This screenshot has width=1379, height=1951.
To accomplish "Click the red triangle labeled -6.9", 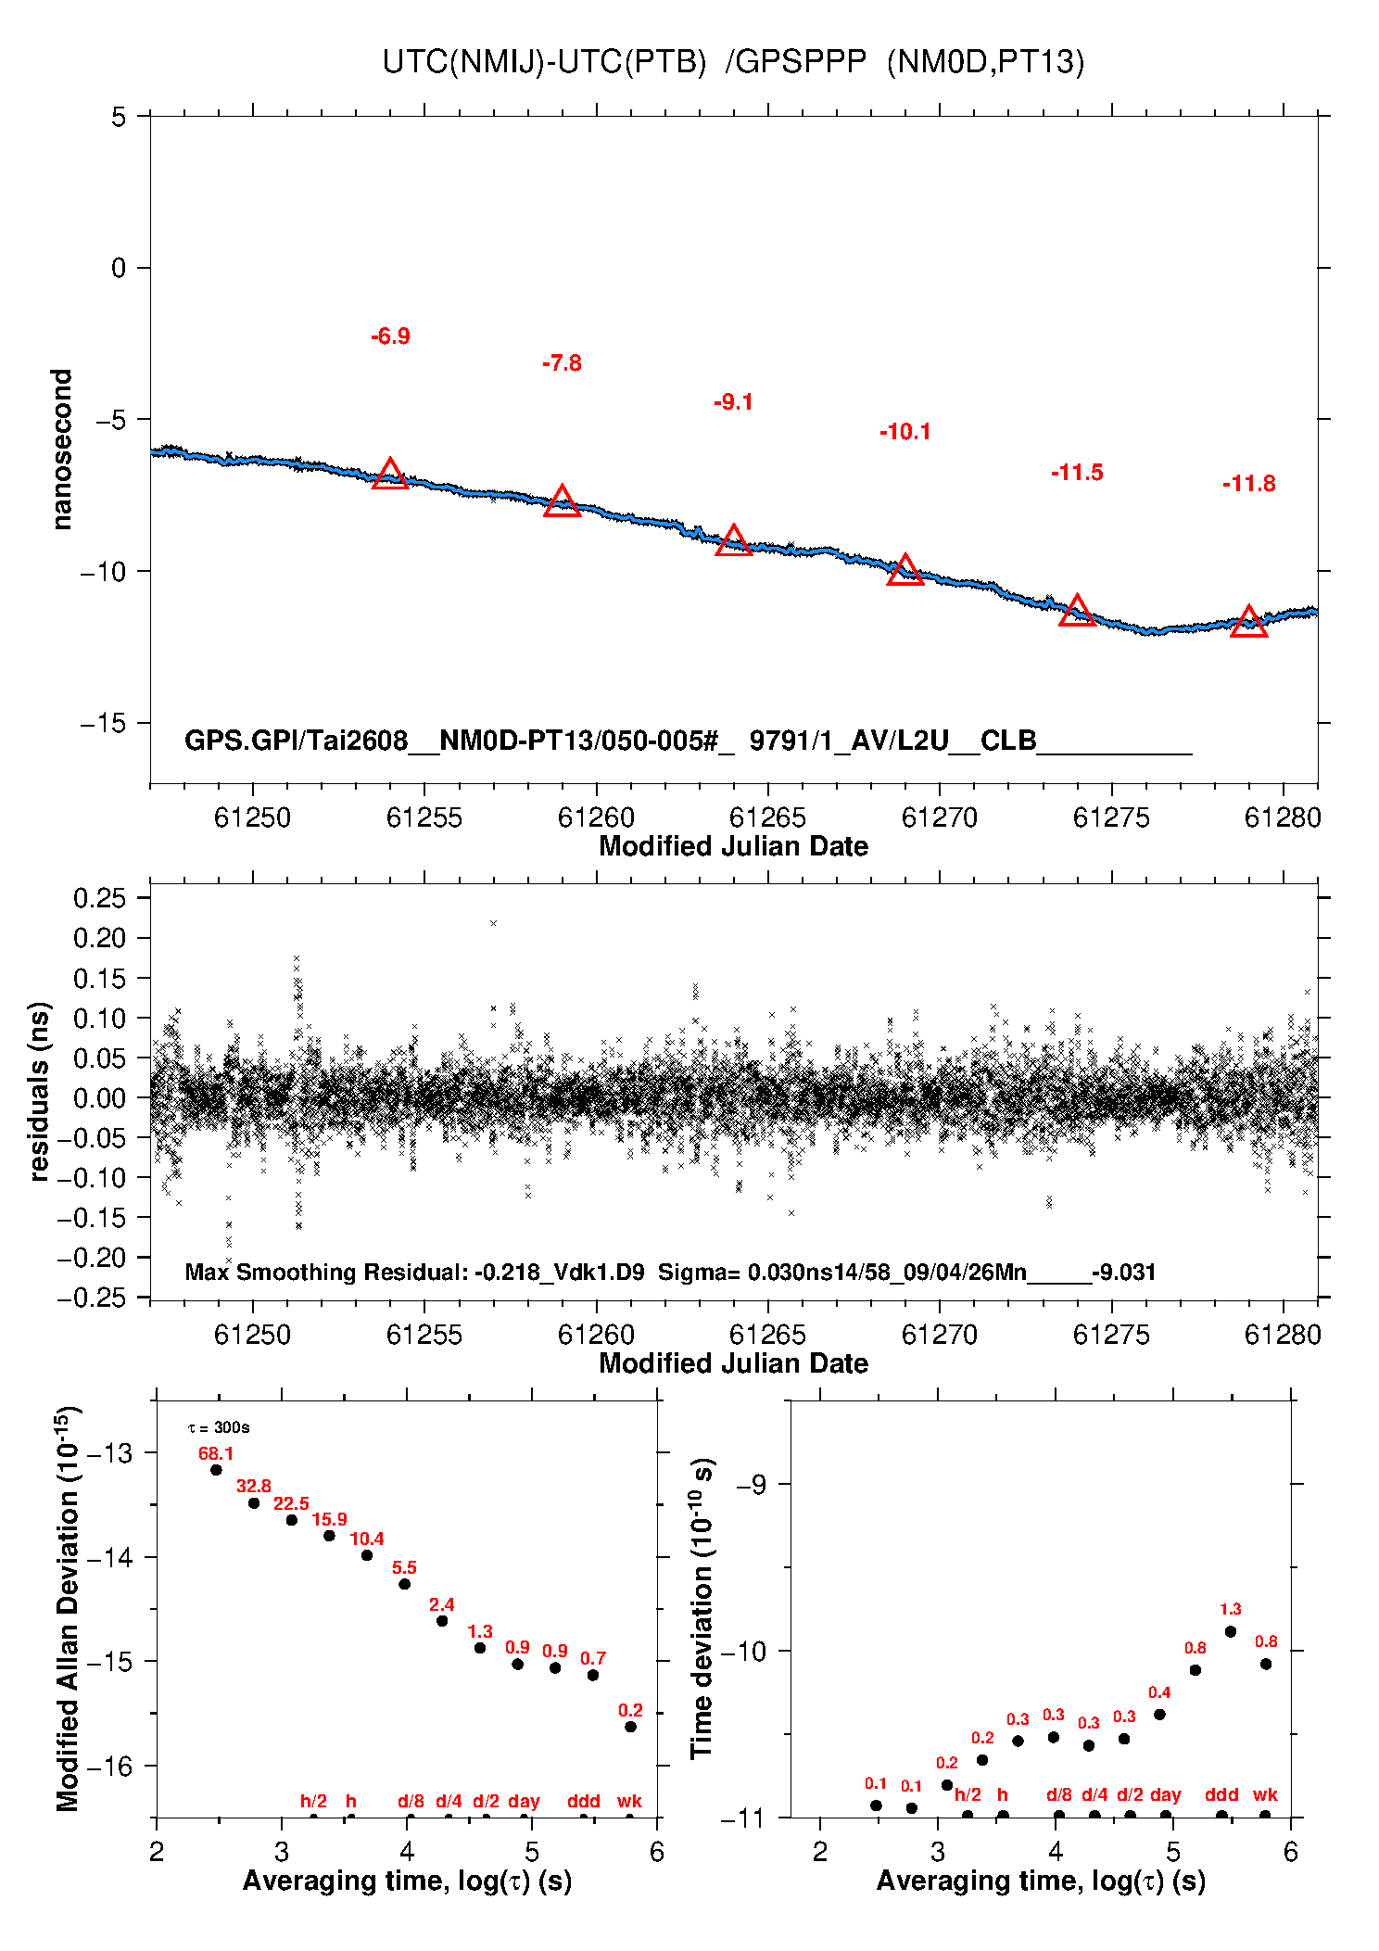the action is (x=390, y=474).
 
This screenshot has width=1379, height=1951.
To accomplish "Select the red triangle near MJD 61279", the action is (x=1248, y=622).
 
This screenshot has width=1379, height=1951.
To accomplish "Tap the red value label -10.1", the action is (x=905, y=432).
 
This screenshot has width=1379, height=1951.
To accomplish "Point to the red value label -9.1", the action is (x=733, y=402).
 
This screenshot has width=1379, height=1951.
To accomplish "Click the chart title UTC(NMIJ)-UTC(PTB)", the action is (x=544, y=62).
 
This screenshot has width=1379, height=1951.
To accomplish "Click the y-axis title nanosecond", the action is (x=61, y=450).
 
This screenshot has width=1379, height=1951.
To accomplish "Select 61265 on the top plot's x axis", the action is (x=767, y=817).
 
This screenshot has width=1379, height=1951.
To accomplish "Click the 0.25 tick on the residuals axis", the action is (x=99, y=897).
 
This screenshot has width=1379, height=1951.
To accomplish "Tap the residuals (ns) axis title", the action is (x=39, y=1092).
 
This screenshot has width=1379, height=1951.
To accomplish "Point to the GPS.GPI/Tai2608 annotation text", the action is (x=297, y=741).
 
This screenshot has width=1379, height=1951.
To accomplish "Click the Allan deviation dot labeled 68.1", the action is (x=216, y=1470).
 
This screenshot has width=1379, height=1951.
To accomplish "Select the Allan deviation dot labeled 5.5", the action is (x=404, y=1584).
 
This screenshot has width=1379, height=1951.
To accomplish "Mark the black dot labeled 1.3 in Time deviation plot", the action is (x=1230, y=1631).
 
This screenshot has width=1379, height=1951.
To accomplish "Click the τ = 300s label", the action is (x=219, y=1427).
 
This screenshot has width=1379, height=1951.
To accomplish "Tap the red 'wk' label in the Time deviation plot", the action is (x=1265, y=1794).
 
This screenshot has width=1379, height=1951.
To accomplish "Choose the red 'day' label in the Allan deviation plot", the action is (x=524, y=1801).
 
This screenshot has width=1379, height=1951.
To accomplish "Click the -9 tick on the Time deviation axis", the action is (x=751, y=1485).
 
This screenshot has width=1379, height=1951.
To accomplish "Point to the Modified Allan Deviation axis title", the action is (x=68, y=1608).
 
